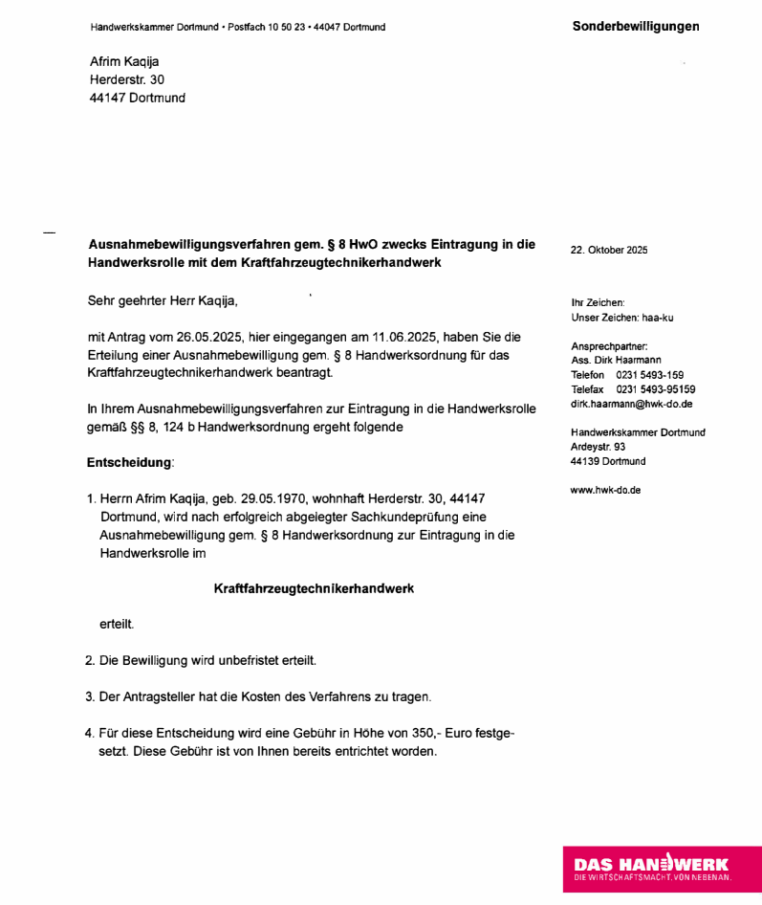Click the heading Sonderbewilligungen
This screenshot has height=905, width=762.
pyautogui.click(x=636, y=27)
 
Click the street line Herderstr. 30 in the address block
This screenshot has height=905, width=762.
pyautogui.click(x=127, y=80)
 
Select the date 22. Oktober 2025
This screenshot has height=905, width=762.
pyautogui.click(x=609, y=251)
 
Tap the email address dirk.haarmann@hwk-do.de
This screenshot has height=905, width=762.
pyautogui.click(x=631, y=404)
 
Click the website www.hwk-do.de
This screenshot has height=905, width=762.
pyautogui.click(x=605, y=490)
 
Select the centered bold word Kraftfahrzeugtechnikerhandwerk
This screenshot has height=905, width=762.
pyautogui.click(x=314, y=589)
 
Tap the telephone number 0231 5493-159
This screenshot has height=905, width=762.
pyautogui.click(x=649, y=375)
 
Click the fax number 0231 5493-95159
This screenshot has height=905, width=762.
pyautogui.click(x=655, y=389)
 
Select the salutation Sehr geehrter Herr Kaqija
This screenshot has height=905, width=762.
pyautogui.click(x=163, y=300)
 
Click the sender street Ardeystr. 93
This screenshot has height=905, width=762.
pyautogui.click(x=598, y=447)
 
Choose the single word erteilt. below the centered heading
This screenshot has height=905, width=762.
pyautogui.click(x=117, y=625)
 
